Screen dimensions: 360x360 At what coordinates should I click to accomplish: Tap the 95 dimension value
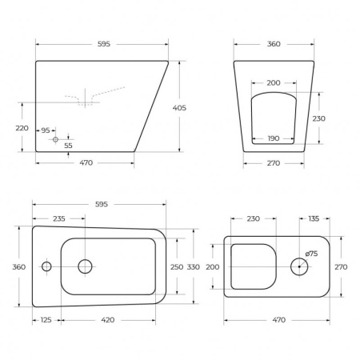[45, 130]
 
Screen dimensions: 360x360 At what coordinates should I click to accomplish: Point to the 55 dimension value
[67, 146]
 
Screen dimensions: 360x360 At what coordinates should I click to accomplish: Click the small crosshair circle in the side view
[55, 139]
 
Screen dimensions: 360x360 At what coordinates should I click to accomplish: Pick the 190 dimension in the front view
[274, 138]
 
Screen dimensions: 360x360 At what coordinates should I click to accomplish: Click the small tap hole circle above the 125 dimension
[46, 266]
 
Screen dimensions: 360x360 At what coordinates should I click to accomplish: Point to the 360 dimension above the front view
[274, 44]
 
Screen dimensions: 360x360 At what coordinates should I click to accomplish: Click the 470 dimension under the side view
[86, 163]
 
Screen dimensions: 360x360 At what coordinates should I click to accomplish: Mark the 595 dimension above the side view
[102, 44]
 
